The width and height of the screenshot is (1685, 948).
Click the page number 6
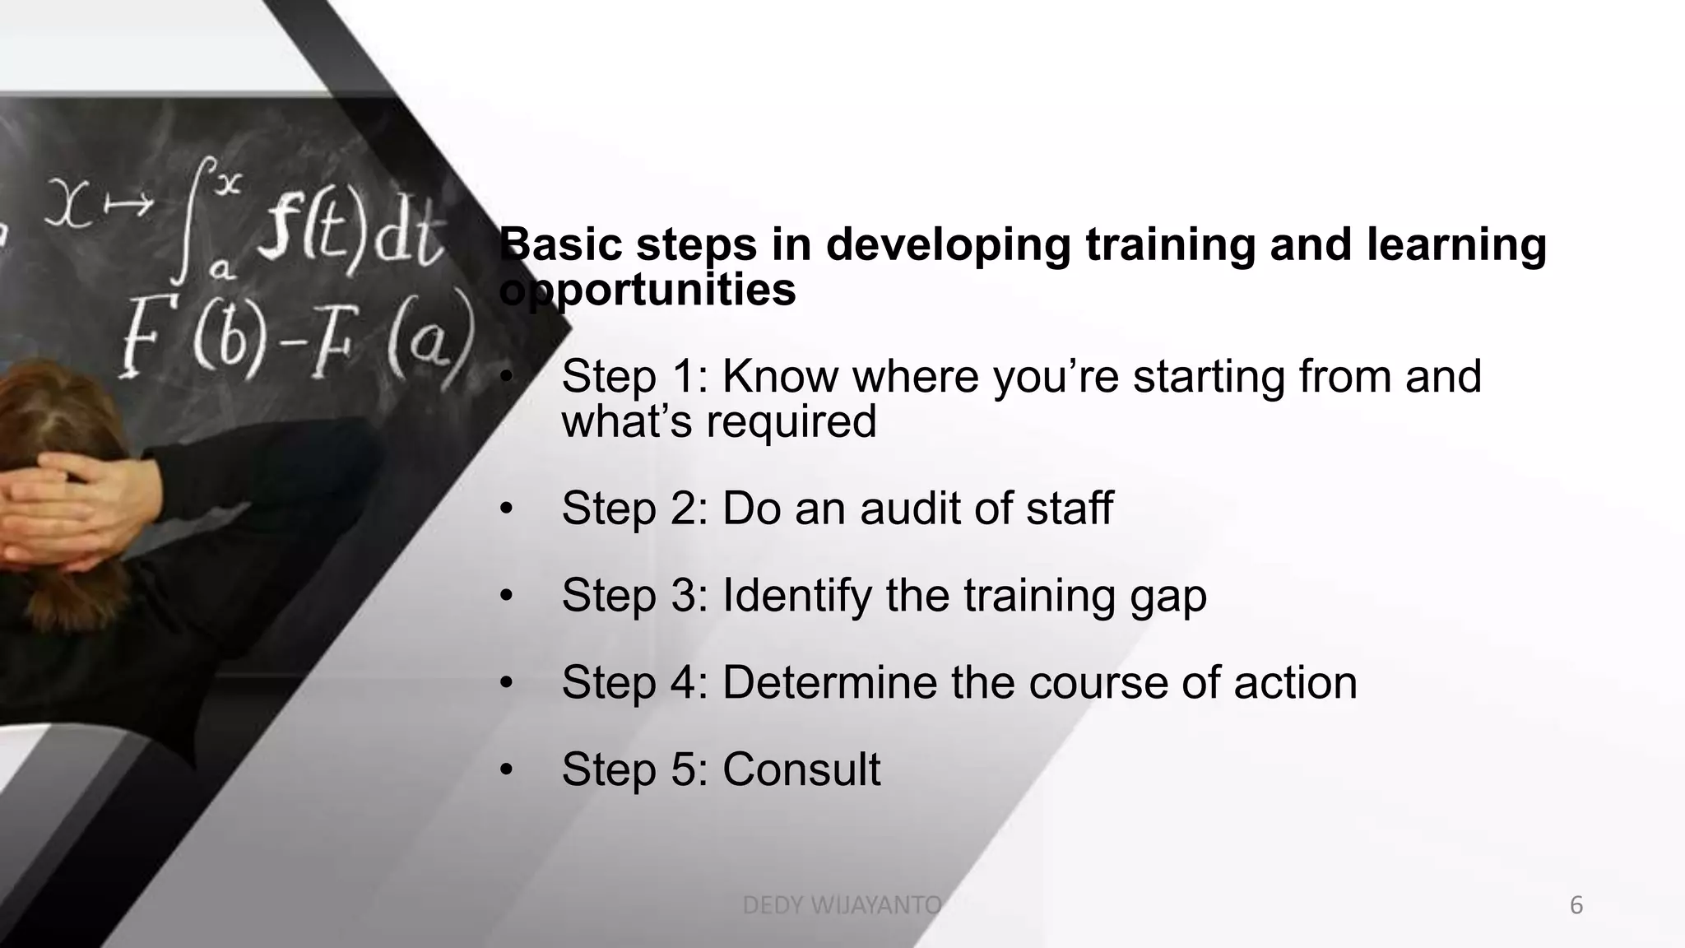point(1576,906)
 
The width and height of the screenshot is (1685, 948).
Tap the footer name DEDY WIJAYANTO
point(841,906)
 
